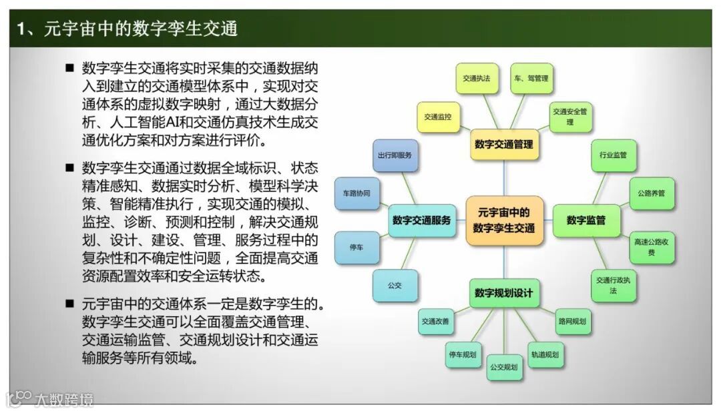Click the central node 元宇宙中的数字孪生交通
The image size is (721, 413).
(x=504, y=220)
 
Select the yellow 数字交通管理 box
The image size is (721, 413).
(x=504, y=144)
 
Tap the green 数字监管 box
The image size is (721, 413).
(x=585, y=220)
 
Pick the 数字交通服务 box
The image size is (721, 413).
(x=421, y=220)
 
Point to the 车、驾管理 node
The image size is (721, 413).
(x=531, y=79)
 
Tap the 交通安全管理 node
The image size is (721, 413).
(x=569, y=117)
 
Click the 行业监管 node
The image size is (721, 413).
(x=614, y=155)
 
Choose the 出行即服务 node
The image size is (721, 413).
(x=394, y=155)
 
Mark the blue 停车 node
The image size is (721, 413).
(x=356, y=247)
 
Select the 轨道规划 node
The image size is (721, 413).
(x=545, y=354)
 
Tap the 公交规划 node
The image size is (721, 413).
(x=504, y=367)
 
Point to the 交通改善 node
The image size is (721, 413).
(x=435, y=322)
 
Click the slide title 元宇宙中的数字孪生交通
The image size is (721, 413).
(x=128, y=29)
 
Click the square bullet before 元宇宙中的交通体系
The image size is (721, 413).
(x=69, y=303)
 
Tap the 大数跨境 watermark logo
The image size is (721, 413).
(x=51, y=399)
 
